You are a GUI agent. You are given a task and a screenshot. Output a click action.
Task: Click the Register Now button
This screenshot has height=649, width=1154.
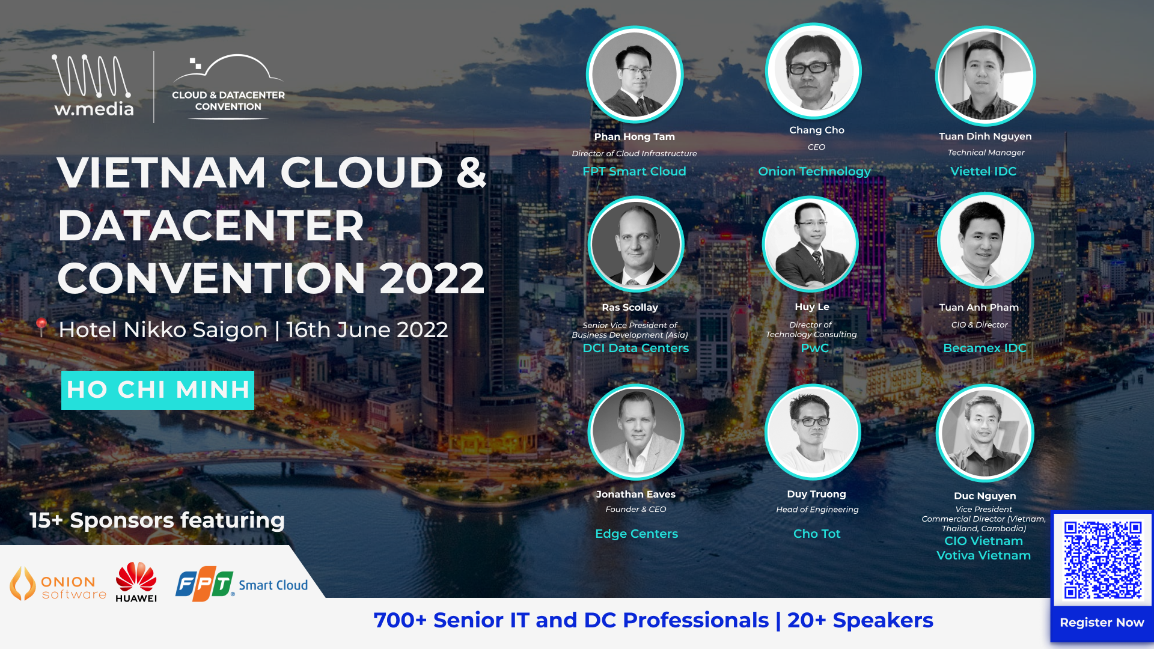pos(1102,623)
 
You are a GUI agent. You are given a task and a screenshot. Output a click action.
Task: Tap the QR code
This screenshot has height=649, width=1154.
pos(1102,559)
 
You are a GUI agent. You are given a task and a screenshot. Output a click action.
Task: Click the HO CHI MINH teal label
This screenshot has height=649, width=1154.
pos(157,390)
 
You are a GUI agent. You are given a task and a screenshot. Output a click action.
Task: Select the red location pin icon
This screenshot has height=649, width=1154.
pos(41,327)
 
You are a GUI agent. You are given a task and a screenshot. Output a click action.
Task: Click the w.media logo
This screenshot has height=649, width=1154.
pos(94,85)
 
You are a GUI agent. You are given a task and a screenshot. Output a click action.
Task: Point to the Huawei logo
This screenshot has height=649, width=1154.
pos(136,582)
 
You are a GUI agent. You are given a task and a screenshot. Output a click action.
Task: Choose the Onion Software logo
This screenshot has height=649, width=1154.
pos(58,583)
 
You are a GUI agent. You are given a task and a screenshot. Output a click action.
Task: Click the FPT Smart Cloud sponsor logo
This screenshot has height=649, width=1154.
pos(242,583)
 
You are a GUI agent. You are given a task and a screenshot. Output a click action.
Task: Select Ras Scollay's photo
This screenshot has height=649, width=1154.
pos(636,245)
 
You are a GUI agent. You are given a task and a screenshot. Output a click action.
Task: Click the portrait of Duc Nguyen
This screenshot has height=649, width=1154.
pos(985,433)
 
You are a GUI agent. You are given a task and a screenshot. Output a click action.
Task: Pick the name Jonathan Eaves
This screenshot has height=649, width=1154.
pos(636,494)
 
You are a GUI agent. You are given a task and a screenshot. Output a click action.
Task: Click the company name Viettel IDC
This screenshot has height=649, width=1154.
pos(983,171)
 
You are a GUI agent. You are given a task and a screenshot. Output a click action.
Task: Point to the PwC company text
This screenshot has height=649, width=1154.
pos(814,348)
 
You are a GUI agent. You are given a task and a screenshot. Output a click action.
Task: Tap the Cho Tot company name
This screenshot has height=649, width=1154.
pos(817,534)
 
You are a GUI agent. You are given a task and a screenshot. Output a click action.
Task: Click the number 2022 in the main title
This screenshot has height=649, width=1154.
pos(432,278)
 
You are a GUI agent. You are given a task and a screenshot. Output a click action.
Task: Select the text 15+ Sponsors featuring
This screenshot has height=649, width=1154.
pos(157,520)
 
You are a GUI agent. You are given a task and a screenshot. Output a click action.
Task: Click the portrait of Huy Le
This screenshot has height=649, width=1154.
pos(811,244)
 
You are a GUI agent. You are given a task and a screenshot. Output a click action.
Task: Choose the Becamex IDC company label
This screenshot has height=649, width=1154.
pos(985,348)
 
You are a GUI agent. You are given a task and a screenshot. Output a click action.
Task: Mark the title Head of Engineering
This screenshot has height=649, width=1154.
pos(817,510)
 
